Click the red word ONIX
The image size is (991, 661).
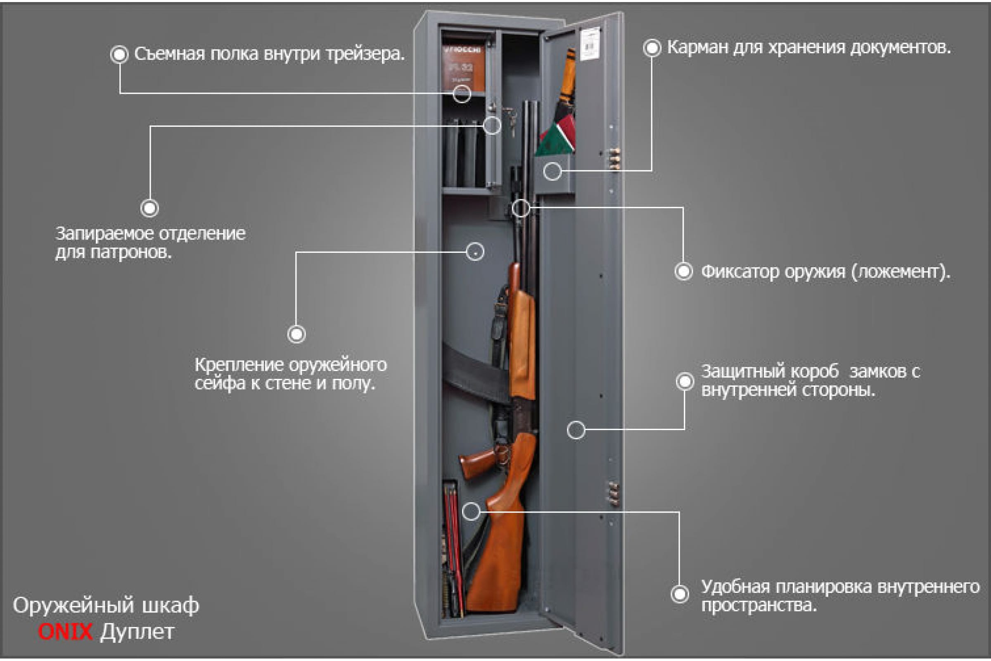pos(65,632)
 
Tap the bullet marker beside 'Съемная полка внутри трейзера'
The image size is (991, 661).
pos(119,55)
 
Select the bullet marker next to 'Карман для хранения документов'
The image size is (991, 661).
pos(652,48)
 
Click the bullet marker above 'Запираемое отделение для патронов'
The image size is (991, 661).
pos(149,208)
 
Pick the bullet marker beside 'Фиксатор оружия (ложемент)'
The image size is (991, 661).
pos(683,271)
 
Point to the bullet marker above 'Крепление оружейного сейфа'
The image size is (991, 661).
pos(296,334)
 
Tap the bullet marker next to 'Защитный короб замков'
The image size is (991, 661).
pos(685,381)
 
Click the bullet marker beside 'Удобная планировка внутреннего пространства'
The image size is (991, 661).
pos(680,594)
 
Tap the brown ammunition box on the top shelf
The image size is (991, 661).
pos(463,67)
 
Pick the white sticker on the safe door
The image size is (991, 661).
pos(590,43)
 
